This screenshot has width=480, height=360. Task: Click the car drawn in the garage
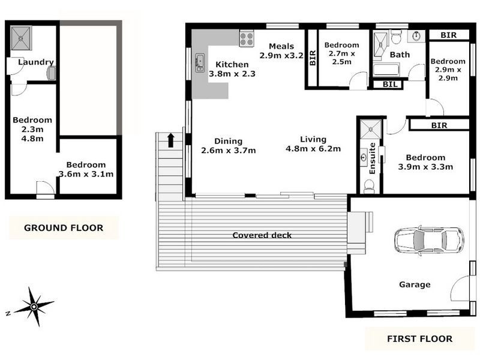click(428, 239)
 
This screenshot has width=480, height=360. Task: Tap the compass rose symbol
click(34, 307)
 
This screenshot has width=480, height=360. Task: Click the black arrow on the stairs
click(171, 140)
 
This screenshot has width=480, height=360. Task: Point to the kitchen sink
click(200, 62)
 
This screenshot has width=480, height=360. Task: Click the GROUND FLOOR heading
click(63, 227)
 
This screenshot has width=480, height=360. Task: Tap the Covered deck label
click(262, 235)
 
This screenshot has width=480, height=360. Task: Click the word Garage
click(415, 284)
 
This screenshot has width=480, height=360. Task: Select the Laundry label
click(36, 62)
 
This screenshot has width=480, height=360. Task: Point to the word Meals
click(281, 46)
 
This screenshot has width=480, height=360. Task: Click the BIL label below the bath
click(391, 85)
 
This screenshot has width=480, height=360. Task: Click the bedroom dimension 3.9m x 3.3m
click(425, 167)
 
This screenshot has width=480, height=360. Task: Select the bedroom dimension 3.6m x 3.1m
click(86, 174)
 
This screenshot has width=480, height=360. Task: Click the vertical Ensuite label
click(373, 158)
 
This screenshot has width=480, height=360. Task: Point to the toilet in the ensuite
click(368, 187)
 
